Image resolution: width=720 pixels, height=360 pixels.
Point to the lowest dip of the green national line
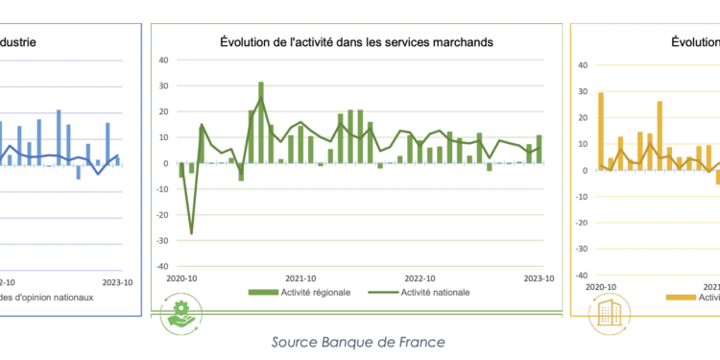191,233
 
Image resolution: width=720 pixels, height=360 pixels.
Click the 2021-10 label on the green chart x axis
302,278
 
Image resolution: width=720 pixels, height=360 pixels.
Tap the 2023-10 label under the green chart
540,278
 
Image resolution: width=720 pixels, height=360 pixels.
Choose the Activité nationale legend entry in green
429,293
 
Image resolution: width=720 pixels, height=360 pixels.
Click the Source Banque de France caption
358,342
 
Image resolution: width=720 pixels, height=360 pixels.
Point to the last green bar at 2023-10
540,149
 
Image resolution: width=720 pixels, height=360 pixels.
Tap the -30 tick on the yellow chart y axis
579,249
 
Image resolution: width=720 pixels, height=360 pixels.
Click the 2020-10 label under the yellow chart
600,286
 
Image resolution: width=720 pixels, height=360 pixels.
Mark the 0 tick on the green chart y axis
165,163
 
